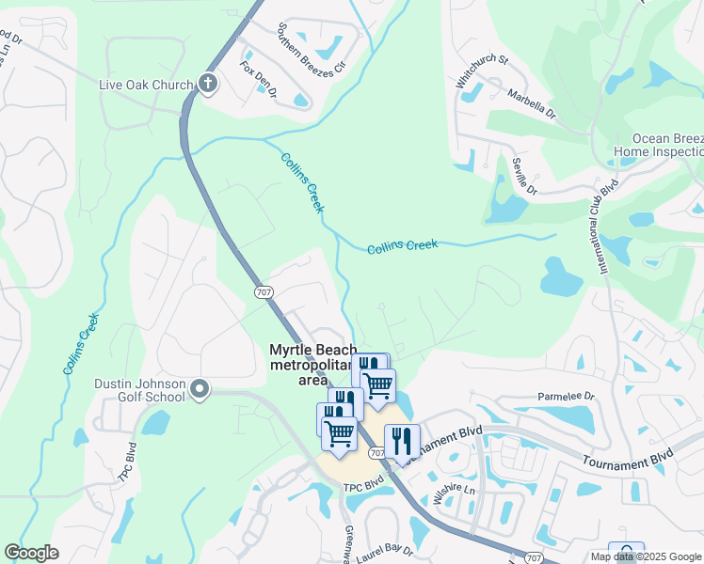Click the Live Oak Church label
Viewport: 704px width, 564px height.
pyautogui.click(x=146, y=85)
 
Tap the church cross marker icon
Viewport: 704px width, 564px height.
pyautogui.click(x=208, y=85)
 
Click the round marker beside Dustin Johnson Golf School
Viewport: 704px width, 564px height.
pyautogui.click(x=200, y=388)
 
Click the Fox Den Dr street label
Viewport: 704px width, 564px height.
pyautogui.click(x=258, y=79)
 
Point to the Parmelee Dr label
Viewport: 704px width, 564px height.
pyautogui.click(x=566, y=397)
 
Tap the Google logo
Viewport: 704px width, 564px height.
pyautogui.click(x=32, y=553)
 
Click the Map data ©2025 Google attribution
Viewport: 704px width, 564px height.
pyautogui.click(x=645, y=556)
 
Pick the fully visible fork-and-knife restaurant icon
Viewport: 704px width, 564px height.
pyautogui.click(x=402, y=441)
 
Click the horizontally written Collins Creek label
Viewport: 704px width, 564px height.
pyautogui.click(x=402, y=245)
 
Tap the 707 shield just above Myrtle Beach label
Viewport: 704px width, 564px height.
pyautogui.click(x=264, y=291)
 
